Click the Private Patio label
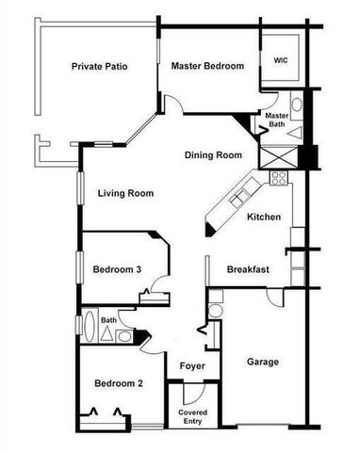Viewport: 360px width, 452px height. [x=99, y=67]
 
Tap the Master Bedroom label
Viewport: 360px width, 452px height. [x=207, y=66]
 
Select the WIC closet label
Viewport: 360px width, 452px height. [x=281, y=60]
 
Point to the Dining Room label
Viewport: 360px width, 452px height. [x=214, y=155]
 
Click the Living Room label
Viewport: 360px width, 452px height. [x=125, y=194]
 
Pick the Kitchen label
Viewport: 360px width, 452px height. [x=264, y=218]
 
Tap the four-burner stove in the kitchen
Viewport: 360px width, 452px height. [x=279, y=176]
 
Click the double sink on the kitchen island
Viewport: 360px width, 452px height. [x=237, y=199]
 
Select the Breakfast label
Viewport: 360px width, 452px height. [x=249, y=270]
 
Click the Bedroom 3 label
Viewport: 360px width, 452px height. [x=117, y=270]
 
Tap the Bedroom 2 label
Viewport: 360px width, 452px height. [x=119, y=383]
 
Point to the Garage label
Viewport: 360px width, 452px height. [x=262, y=362]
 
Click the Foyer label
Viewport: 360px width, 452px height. [x=192, y=365]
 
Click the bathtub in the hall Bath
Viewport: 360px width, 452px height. [x=90, y=331]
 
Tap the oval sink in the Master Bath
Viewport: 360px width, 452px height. [x=296, y=105]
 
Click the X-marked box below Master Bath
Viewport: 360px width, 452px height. [x=281, y=156]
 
